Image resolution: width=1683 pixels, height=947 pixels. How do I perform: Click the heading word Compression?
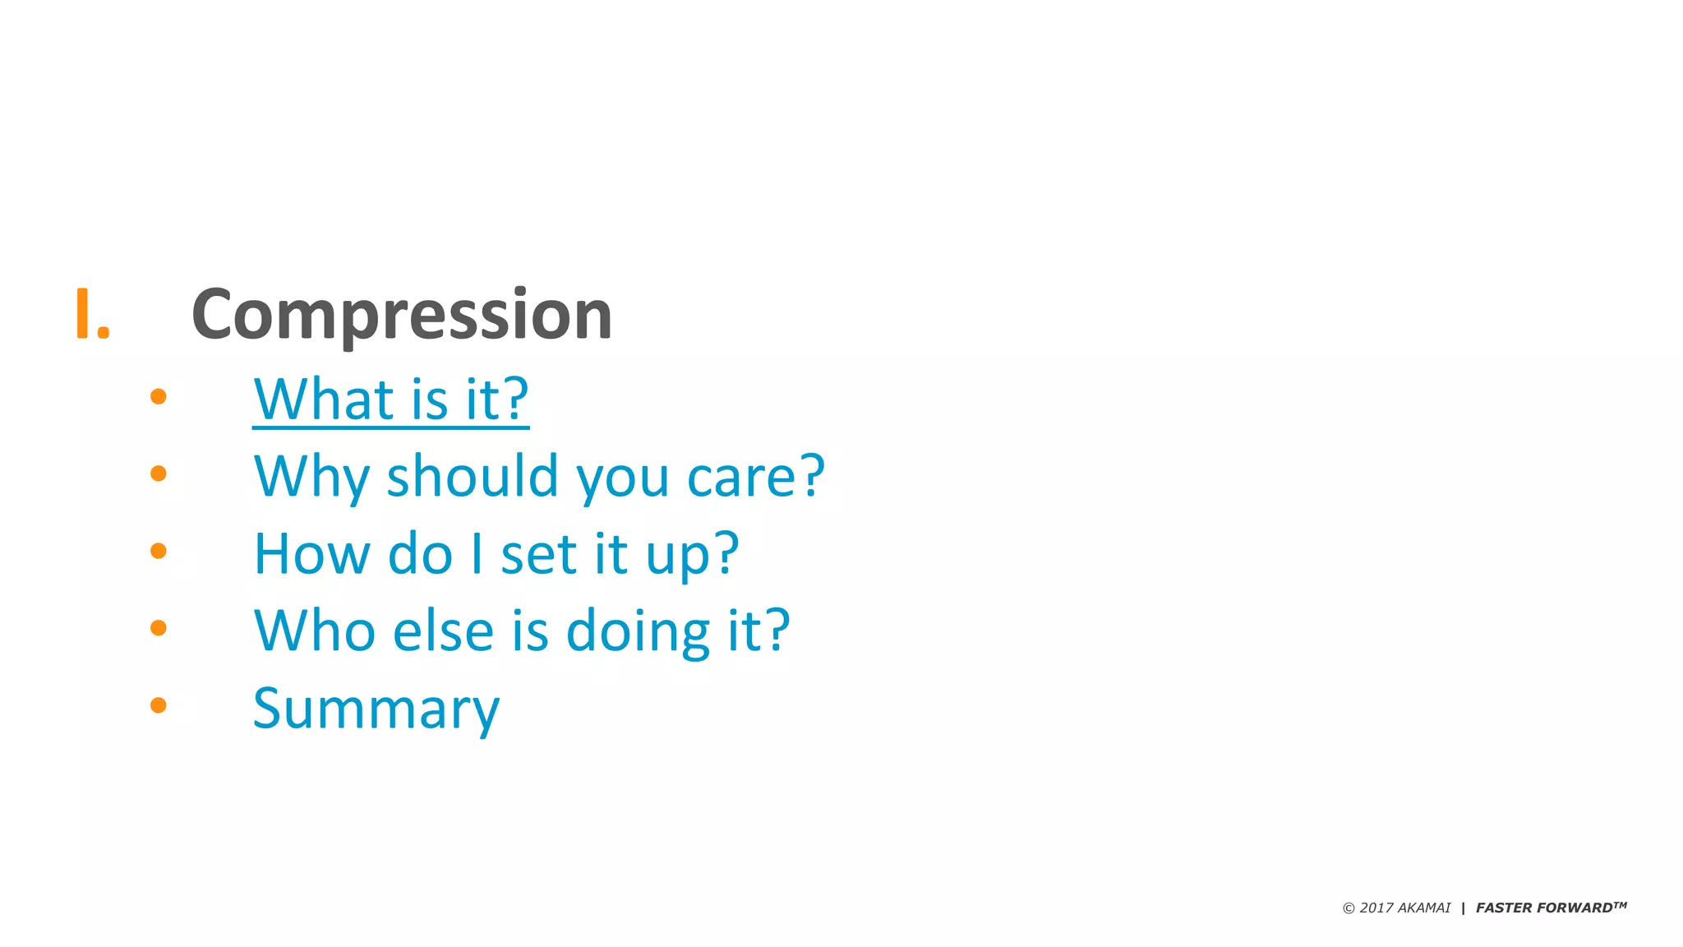tap(401, 314)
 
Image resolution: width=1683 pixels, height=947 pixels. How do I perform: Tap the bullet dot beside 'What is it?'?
tap(159, 397)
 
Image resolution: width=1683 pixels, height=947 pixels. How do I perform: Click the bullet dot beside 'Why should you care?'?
tap(159, 473)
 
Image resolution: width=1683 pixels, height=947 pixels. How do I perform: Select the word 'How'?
tap(311, 554)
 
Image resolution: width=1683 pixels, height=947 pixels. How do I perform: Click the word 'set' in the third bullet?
tap(538, 554)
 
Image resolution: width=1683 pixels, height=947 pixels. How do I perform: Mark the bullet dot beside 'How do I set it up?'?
tap(159, 551)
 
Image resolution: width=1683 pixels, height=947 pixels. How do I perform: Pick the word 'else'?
tap(443, 631)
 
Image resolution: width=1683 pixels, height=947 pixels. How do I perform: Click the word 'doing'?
tap(638, 631)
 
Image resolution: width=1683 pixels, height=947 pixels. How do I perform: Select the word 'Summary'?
tap(376, 709)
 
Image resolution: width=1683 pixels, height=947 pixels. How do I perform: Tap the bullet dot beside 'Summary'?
tap(159, 705)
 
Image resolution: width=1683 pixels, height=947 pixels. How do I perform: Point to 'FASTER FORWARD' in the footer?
tap(1544, 908)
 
